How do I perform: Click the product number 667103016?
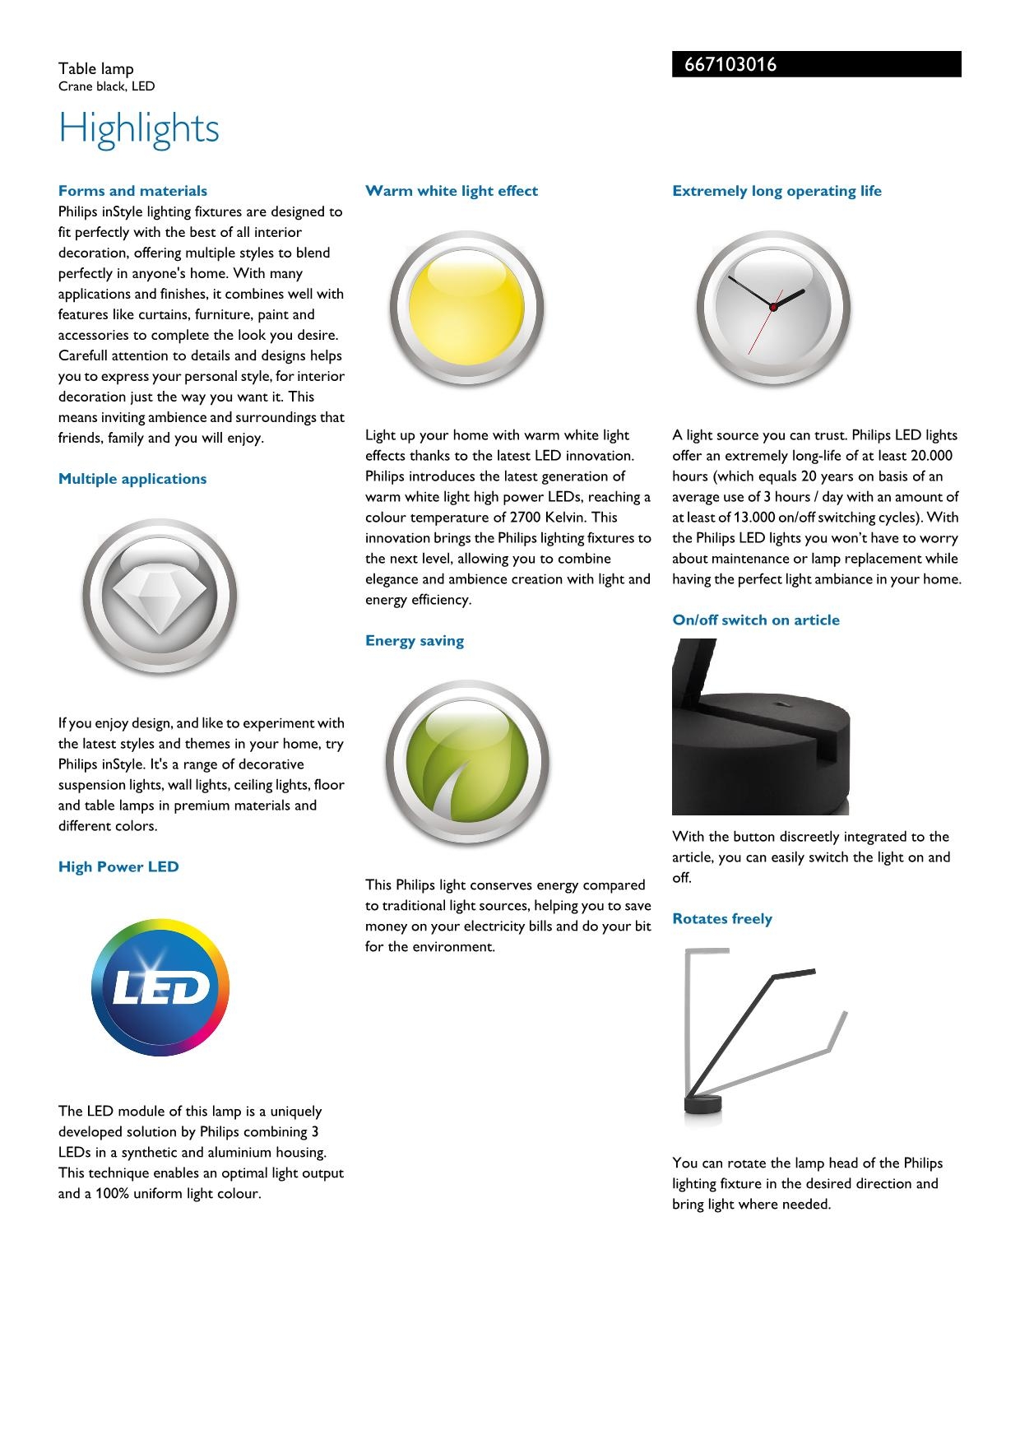(730, 65)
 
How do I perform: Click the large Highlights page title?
(139, 129)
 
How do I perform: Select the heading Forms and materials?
(132, 191)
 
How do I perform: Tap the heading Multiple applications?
(132, 479)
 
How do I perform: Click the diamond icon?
(159, 595)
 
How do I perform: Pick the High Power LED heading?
(118, 866)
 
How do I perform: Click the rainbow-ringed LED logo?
(160, 988)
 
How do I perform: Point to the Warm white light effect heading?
(452, 191)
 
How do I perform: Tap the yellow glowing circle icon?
(466, 308)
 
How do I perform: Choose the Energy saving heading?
(415, 641)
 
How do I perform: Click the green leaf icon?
(466, 763)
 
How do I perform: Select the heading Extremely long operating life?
(777, 191)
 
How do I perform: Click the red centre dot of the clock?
(773, 307)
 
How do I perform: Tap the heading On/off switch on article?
(756, 620)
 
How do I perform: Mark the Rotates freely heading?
(722, 919)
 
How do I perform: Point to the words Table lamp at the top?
(95, 69)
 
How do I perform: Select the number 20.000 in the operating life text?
(931, 456)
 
